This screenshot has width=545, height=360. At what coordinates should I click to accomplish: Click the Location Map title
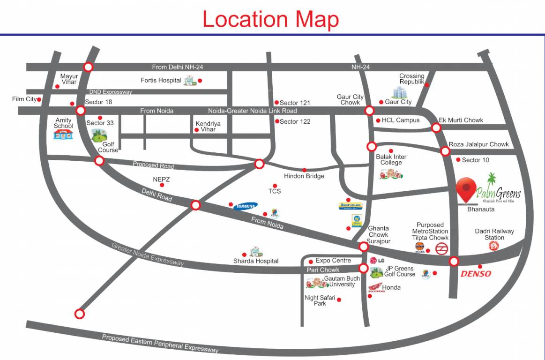270,19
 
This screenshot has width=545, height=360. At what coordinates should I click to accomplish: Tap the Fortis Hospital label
161,81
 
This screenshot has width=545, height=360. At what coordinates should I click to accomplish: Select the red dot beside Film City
39,99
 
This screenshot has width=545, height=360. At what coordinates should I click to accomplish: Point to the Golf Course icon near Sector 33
99,136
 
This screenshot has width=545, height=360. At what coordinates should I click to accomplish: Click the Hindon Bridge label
304,176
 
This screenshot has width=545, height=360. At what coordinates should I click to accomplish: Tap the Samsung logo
246,206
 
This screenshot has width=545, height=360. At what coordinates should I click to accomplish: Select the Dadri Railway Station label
494,234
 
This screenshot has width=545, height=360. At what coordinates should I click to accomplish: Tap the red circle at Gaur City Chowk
369,111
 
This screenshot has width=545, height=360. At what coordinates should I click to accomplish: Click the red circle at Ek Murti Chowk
436,127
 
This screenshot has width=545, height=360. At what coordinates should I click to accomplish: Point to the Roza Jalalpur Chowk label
478,144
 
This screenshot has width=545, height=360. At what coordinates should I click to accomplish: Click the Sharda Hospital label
256,261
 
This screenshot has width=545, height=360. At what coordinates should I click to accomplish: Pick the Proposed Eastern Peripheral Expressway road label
160,344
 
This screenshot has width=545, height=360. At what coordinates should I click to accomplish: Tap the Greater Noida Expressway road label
147,255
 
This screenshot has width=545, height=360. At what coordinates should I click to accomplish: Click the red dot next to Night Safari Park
339,300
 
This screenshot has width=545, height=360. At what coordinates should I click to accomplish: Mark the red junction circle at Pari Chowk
363,269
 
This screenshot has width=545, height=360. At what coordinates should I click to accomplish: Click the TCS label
275,192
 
